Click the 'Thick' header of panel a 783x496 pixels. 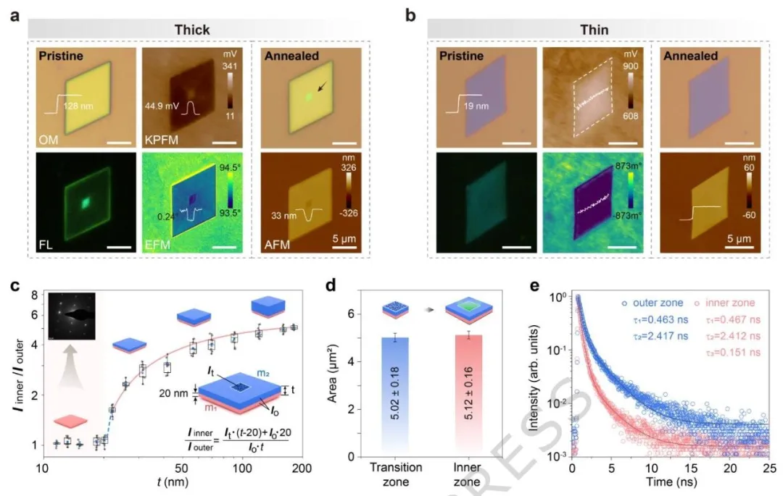pos(192,30)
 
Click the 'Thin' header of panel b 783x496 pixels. pos(592,30)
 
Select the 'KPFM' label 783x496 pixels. pos(165,133)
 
